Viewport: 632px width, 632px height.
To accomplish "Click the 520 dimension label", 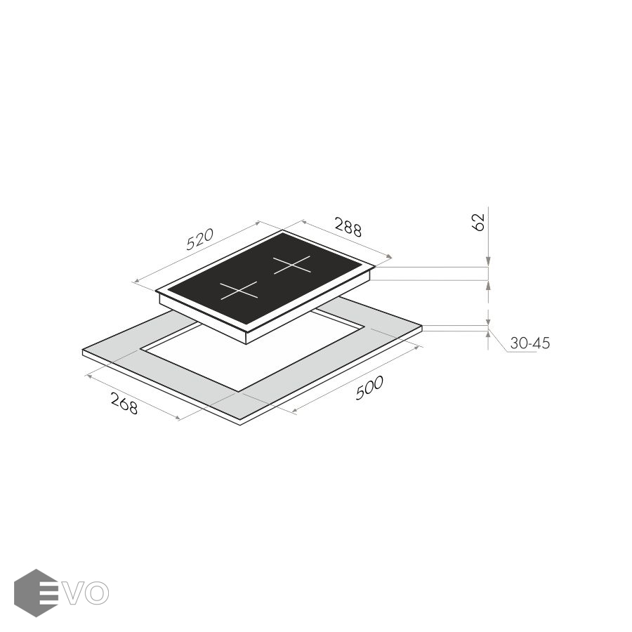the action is [200, 239].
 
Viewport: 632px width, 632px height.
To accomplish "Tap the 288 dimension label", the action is [348, 227].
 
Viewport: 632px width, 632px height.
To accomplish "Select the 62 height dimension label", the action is [478, 222].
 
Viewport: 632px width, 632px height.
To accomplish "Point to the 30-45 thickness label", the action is [530, 343].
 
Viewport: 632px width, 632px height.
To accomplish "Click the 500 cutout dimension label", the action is [369, 388].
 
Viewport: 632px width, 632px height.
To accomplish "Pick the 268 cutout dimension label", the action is [124, 404].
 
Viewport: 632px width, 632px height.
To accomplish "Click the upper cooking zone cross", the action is [292, 265].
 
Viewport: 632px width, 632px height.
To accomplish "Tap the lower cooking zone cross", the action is [239, 290].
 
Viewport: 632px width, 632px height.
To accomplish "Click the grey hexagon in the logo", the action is [36, 593].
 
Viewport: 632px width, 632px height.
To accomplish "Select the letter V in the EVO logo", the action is [75, 593].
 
